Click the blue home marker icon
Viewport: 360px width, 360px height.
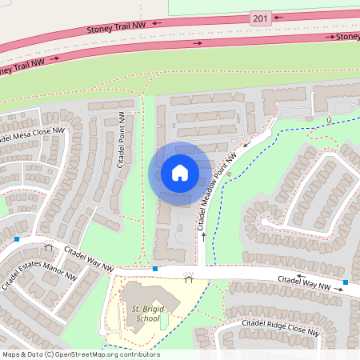pos(180,173)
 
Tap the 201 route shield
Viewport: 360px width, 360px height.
pos(260,18)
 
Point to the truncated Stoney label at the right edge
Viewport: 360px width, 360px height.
pos(347,36)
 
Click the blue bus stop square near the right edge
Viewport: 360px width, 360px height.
pos(346,282)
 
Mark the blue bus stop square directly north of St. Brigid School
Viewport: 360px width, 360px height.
pos(155,269)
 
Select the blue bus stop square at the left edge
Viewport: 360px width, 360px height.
pos(17,238)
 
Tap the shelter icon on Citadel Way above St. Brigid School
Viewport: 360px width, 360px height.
pos(189,278)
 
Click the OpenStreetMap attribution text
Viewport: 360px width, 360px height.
pos(80,354)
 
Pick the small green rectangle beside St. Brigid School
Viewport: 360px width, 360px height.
pos(164,322)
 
